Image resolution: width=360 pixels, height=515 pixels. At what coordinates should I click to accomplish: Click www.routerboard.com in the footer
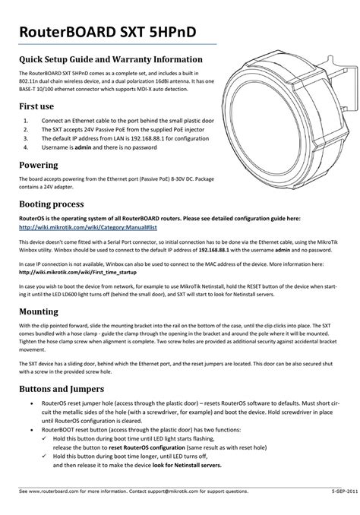[x=62, y=491]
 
